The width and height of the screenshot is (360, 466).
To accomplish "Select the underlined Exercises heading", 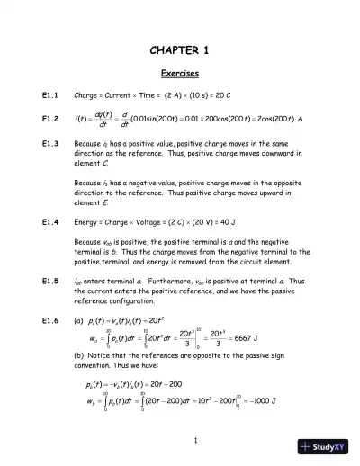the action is tap(180, 73).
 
